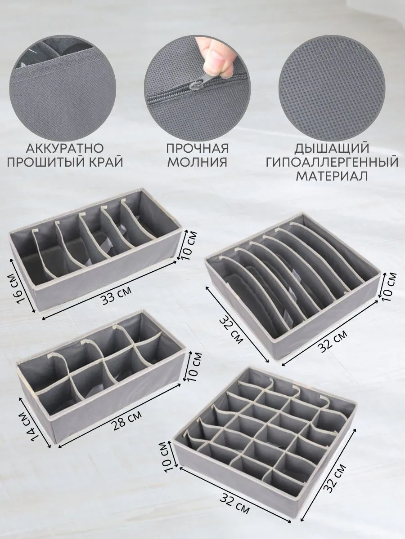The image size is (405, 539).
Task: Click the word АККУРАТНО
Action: tap(65, 148)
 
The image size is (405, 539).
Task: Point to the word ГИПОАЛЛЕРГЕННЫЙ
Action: tap(332, 162)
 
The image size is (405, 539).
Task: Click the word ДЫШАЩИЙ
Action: tap(332, 148)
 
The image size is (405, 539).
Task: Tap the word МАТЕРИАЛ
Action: tap(332, 176)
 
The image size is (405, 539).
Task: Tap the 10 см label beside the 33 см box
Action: tap(189, 246)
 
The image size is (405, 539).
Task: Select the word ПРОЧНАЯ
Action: tap(198, 148)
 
